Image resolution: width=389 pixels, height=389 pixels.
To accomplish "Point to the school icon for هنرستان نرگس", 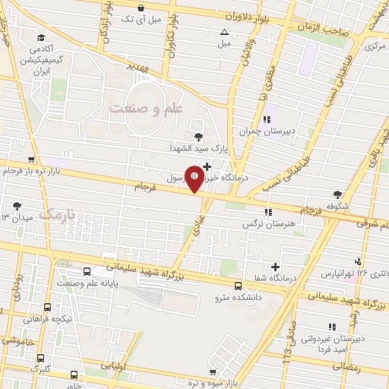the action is pyautogui.click(x=266, y=212).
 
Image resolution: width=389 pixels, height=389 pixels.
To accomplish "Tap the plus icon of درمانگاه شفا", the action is pyautogui.click(x=276, y=267).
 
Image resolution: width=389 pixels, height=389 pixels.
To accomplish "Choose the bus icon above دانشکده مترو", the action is pyautogui.click(x=239, y=286).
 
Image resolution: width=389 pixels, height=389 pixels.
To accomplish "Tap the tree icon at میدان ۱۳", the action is pyautogui.click(x=17, y=204).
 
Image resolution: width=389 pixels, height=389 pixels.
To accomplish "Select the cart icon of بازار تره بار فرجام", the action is pyautogui.click(x=30, y=160).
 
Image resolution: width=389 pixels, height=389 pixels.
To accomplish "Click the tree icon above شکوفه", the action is pyautogui.click(x=337, y=194).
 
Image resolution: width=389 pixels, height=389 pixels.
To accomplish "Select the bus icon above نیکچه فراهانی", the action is pyautogui.click(x=48, y=308).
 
